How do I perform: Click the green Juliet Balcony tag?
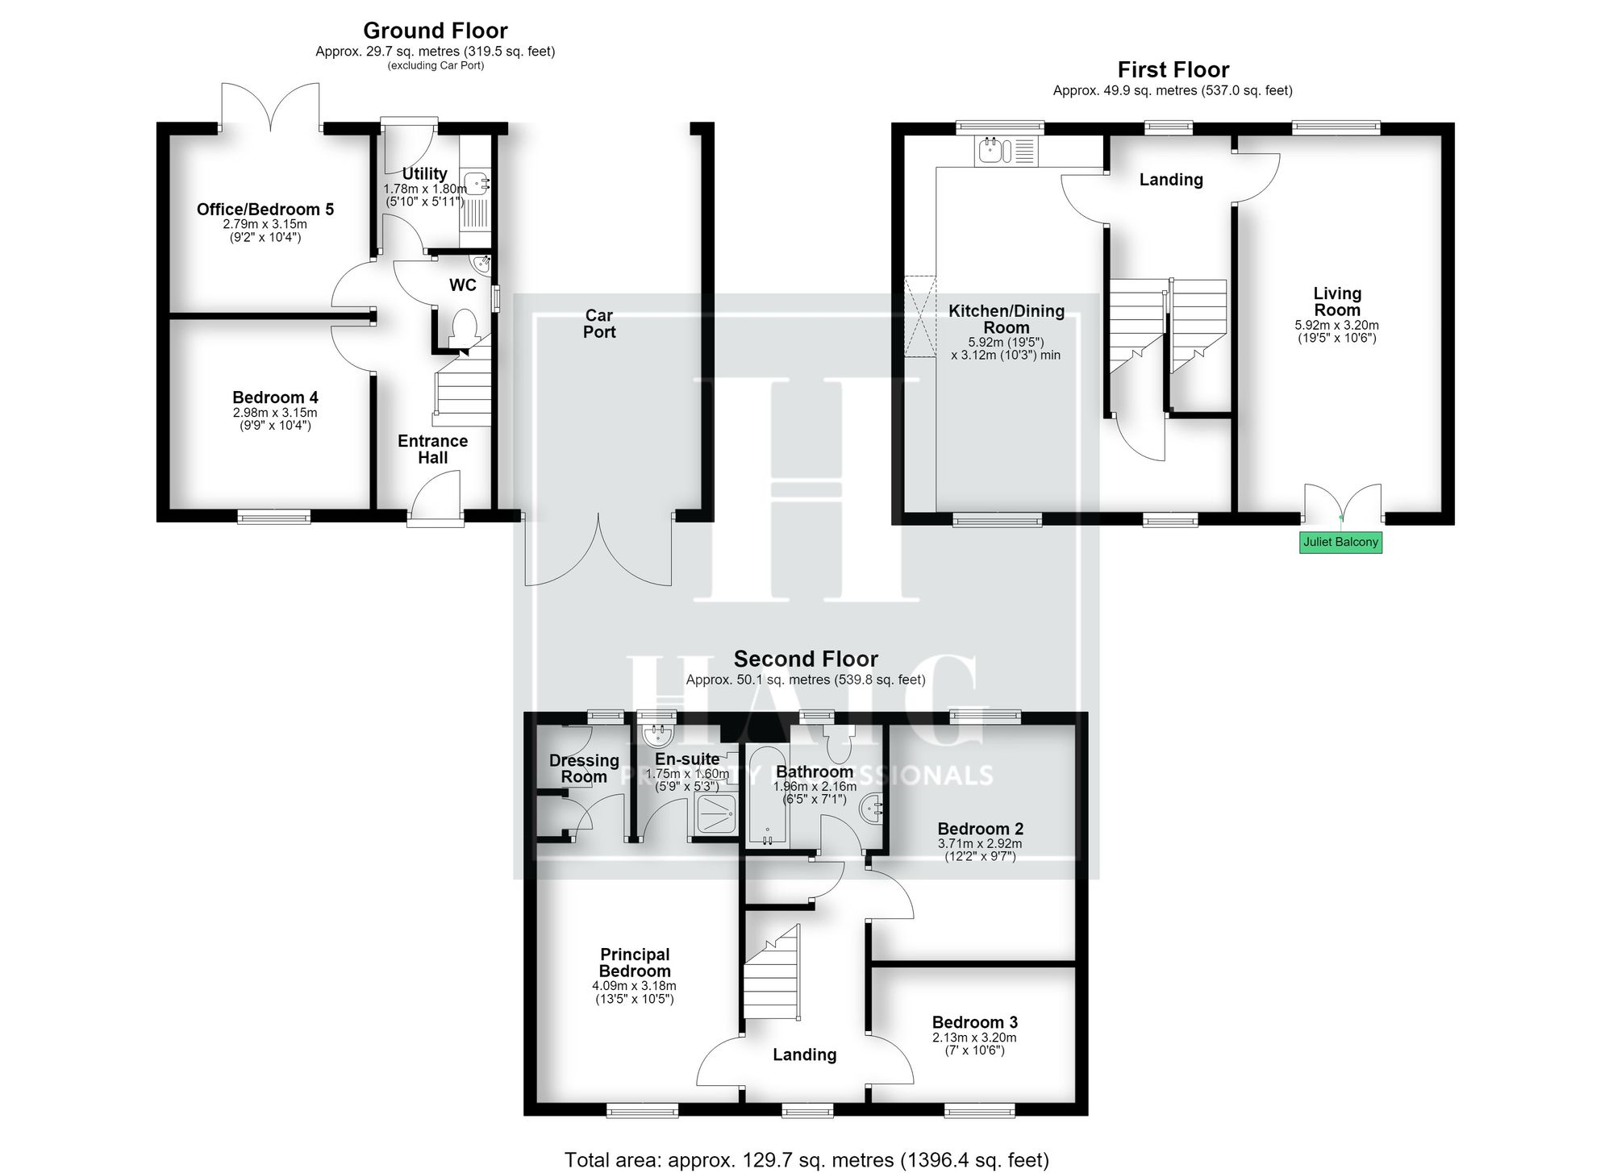pyautogui.click(x=1340, y=542)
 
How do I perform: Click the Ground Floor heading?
pyautogui.click(x=436, y=31)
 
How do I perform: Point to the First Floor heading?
pyautogui.click(x=1173, y=69)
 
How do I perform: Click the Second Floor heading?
pyautogui.click(x=806, y=659)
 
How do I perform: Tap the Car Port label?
pyautogui.click(x=599, y=323)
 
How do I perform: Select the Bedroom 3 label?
pyautogui.click(x=974, y=1022)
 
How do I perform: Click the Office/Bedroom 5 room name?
pyautogui.click(x=265, y=210)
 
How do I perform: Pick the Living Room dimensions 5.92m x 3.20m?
pyautogui.click(x=1337, y=326)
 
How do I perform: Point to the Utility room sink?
pyautogui.click(x=476, y=182)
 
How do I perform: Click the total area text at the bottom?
pyautogui.click(x=806, y=1160)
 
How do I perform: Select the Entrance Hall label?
pyautogui.click(x=433, y=449)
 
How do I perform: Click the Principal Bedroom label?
pyautogui.click(x=635, y=963)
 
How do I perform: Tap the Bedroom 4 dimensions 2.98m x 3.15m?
pyautogui.click(x=275, y=413)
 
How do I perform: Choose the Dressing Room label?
pyautogui.click(x=584, y=768)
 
